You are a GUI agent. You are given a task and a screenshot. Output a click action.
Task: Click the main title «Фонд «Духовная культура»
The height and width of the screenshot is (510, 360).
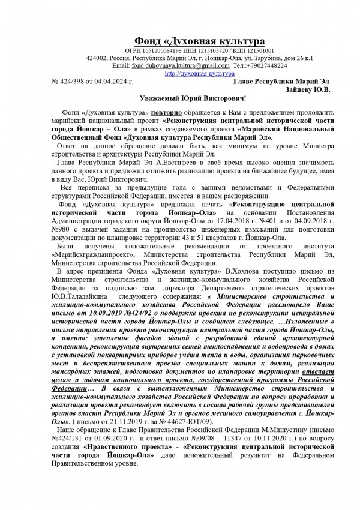[199, 40]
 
